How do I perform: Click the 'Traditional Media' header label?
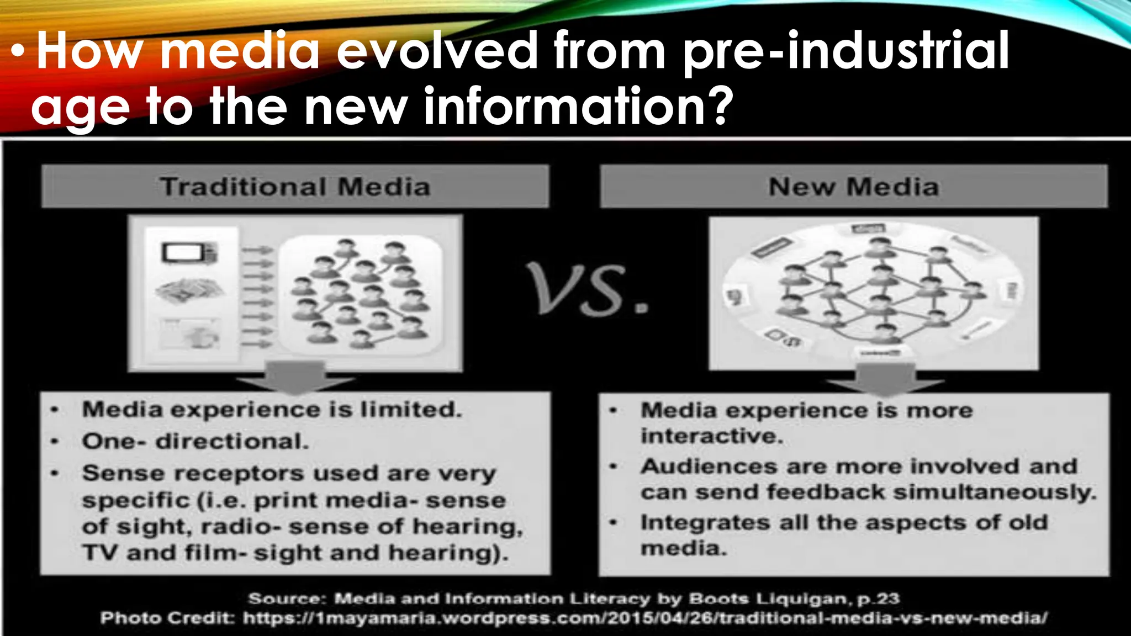295,187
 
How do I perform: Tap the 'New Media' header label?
854,187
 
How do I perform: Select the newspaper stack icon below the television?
189,290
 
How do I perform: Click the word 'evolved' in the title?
437,51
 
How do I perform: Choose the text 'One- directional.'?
195,441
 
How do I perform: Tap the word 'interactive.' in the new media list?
712,436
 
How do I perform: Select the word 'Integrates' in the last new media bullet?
705,522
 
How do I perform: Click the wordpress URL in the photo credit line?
644,618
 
